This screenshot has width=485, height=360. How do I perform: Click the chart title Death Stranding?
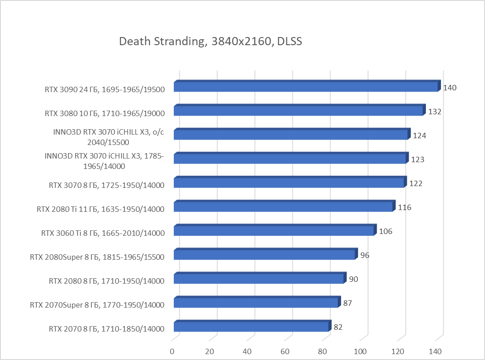(x=210, y=42)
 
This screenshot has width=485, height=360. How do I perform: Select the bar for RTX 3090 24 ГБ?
(x=306, y=87)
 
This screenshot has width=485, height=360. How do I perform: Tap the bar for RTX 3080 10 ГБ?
(x=298, y=111)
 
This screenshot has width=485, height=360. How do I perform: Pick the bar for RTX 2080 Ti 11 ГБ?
(x=283, y=207)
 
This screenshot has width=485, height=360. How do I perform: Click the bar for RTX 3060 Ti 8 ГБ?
(x=274, y=231)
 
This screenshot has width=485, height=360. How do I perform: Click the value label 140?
(x=450, y=88)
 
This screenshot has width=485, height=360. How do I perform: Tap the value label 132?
(x=434, y=112)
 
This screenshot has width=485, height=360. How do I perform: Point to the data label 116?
(x=405, y=207)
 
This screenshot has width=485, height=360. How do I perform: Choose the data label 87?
(x=348, y=303)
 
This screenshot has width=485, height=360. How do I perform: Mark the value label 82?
(x=338, y=327)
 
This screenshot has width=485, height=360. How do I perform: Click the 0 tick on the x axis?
(x=172, y=351)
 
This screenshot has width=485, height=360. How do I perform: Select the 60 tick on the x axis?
(x=284, y=351)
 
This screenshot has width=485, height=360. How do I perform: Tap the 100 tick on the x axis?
(x=360, y=351)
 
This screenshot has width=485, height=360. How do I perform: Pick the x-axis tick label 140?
(x=435, y=351)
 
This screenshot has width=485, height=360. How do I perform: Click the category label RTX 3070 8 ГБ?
(x=106, y=185)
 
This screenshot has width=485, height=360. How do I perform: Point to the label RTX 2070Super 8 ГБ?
(x=97, y=304)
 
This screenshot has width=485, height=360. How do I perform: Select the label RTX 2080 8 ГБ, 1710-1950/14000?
(x=106, y=281)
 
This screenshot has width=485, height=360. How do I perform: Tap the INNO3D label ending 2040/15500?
(x=108, y=137)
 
